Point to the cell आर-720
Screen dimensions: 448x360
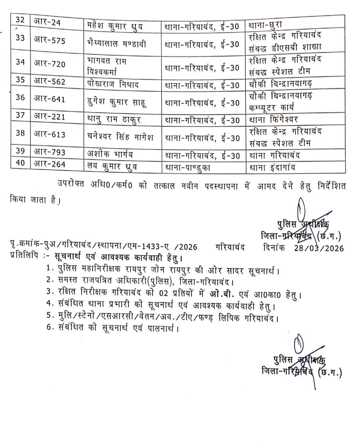pos(49,64)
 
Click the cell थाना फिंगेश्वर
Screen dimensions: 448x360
pos(273,120)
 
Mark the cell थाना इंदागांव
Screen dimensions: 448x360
pos(271,168)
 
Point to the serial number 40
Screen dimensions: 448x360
pos(20,164)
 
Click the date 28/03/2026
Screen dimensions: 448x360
pos(319,248)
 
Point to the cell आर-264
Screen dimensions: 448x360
pos(49,164)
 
